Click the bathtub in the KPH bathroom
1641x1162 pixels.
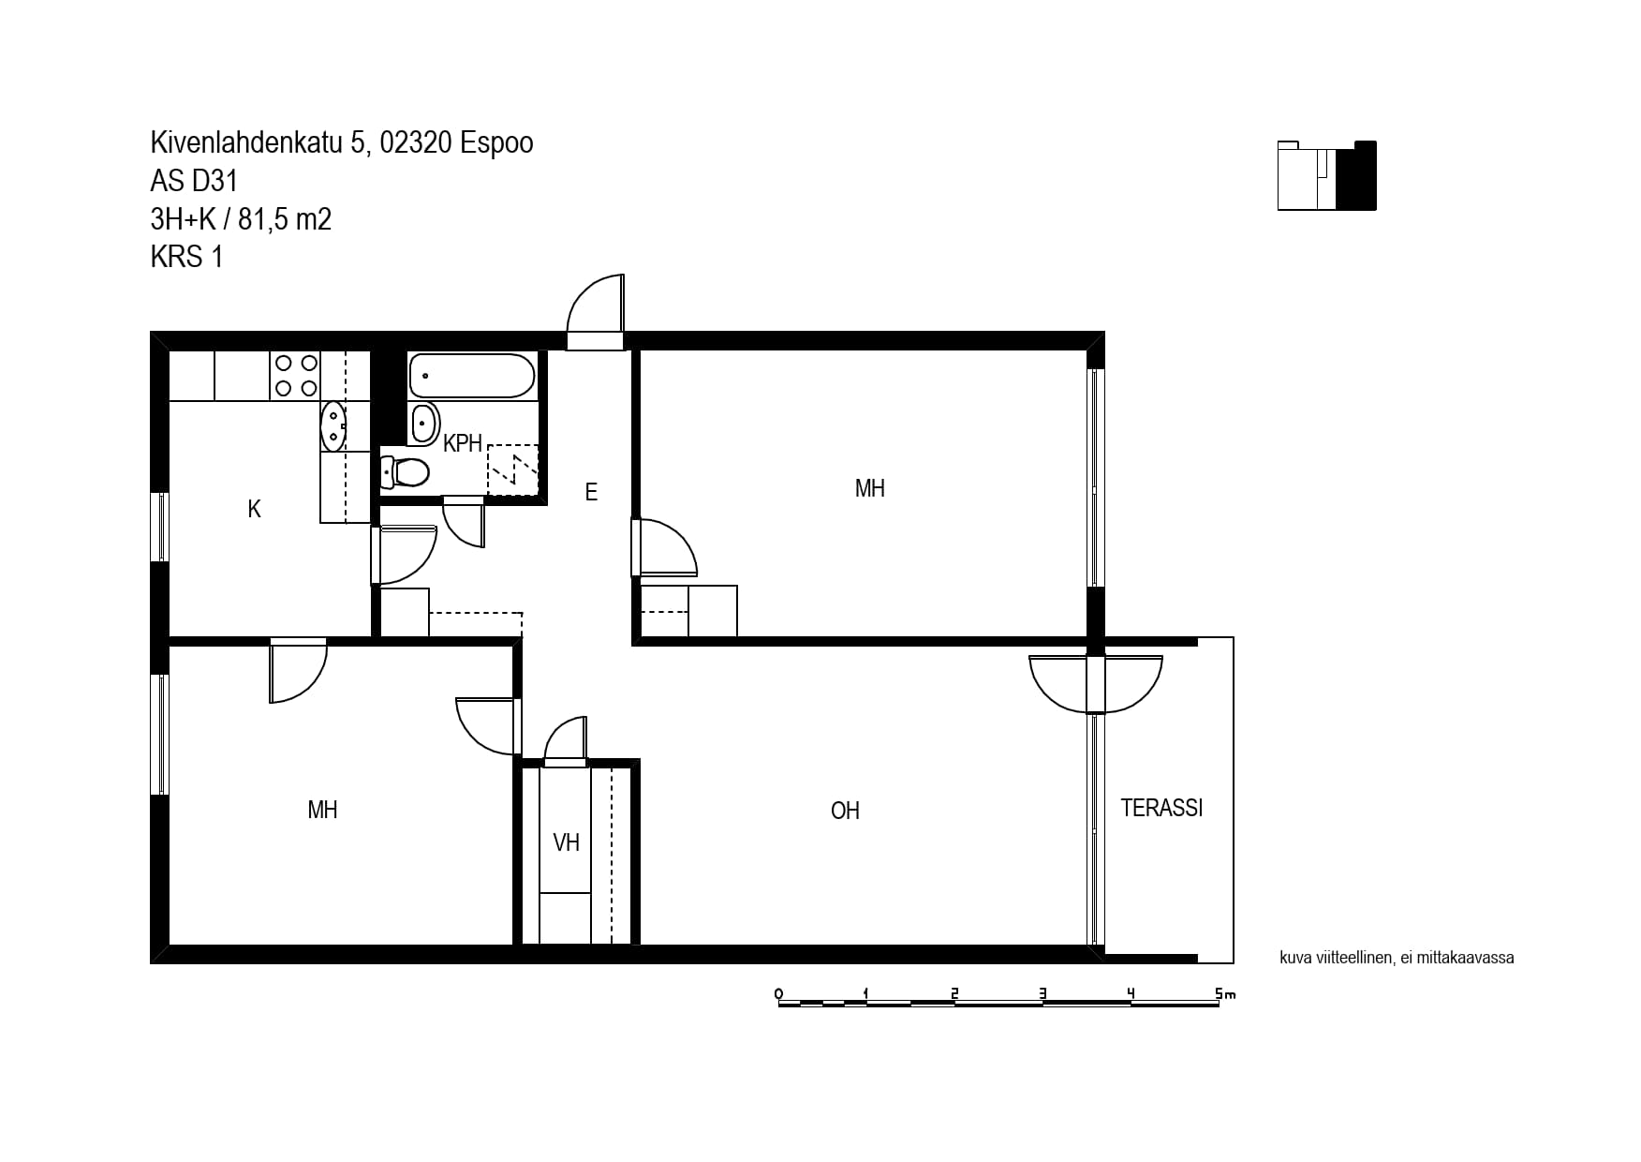[472, 376]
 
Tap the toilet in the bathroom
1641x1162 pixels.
[406, 472]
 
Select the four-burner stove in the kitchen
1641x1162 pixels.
[295, 375]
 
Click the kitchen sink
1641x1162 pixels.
[333, 426]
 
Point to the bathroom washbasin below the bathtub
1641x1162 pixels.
[424, 424]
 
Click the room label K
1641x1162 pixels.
[254, 509]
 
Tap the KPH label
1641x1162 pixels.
[463, 443]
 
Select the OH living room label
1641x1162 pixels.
[845, 811]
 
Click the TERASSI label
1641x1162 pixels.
[1161, 808]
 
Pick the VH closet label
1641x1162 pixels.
[567, 842]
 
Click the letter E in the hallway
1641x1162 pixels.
[591, 492]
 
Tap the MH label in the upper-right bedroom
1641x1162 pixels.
[870, 488]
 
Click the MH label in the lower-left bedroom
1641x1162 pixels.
[322, 810]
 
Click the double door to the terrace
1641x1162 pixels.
[1096, 683]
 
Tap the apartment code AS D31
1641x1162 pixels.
[194, 180]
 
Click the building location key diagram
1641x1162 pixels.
[1327, 175]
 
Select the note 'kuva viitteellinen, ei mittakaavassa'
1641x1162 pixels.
[1397, 958]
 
